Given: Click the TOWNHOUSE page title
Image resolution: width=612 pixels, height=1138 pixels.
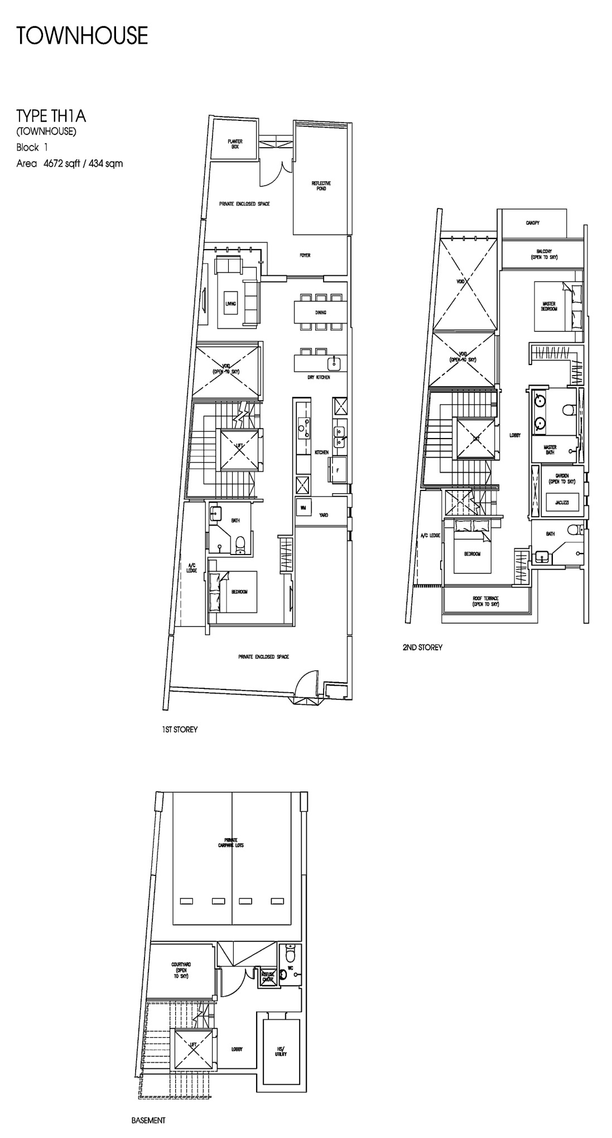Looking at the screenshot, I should [x=82, y=36].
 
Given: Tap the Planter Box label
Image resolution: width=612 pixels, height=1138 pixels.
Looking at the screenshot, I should [x=235, y=144].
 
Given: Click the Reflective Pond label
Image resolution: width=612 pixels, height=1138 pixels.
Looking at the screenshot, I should [x=321, y=186].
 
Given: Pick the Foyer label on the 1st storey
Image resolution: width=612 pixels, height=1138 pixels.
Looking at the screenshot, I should [x=305, y=255].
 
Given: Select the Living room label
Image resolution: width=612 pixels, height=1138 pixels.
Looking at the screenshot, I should [x=230, y=304].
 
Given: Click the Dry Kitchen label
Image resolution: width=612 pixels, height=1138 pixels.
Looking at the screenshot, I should [x=319, y=377].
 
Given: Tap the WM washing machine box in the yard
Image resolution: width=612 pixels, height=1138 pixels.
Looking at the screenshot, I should [x=303, y=508].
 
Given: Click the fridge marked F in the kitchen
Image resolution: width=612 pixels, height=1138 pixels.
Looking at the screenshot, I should [x=338, y=470].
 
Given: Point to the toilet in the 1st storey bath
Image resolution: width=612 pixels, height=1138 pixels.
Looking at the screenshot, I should [x=240, y=543].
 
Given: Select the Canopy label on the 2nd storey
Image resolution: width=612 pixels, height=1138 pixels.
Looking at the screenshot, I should [x=532, y=223].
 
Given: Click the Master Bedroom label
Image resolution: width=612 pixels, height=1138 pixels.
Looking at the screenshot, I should [x=549, y=306].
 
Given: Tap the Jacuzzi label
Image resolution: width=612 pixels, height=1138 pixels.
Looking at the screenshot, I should [x=562, y=503].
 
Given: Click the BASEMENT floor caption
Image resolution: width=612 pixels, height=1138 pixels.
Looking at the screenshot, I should [x=148, y=1120].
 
